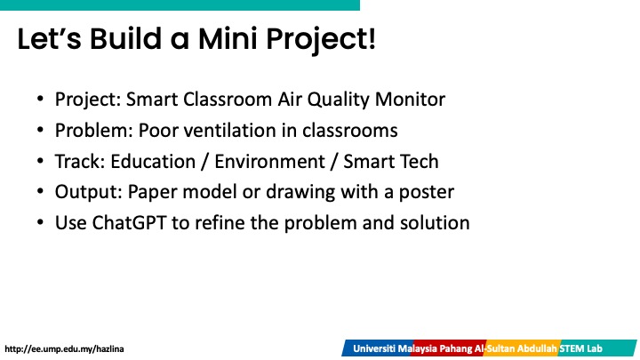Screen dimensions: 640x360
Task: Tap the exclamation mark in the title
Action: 371,38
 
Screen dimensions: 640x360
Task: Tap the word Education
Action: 153,161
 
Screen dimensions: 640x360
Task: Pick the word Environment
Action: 270,161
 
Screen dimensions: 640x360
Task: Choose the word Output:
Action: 89,192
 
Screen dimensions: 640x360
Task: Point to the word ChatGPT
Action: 129,223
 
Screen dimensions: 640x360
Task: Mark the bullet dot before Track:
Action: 40,161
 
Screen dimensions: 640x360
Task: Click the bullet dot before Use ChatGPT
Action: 40,223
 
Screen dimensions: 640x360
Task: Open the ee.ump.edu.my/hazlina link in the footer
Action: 64,349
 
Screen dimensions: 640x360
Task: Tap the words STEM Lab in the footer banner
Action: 580,349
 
